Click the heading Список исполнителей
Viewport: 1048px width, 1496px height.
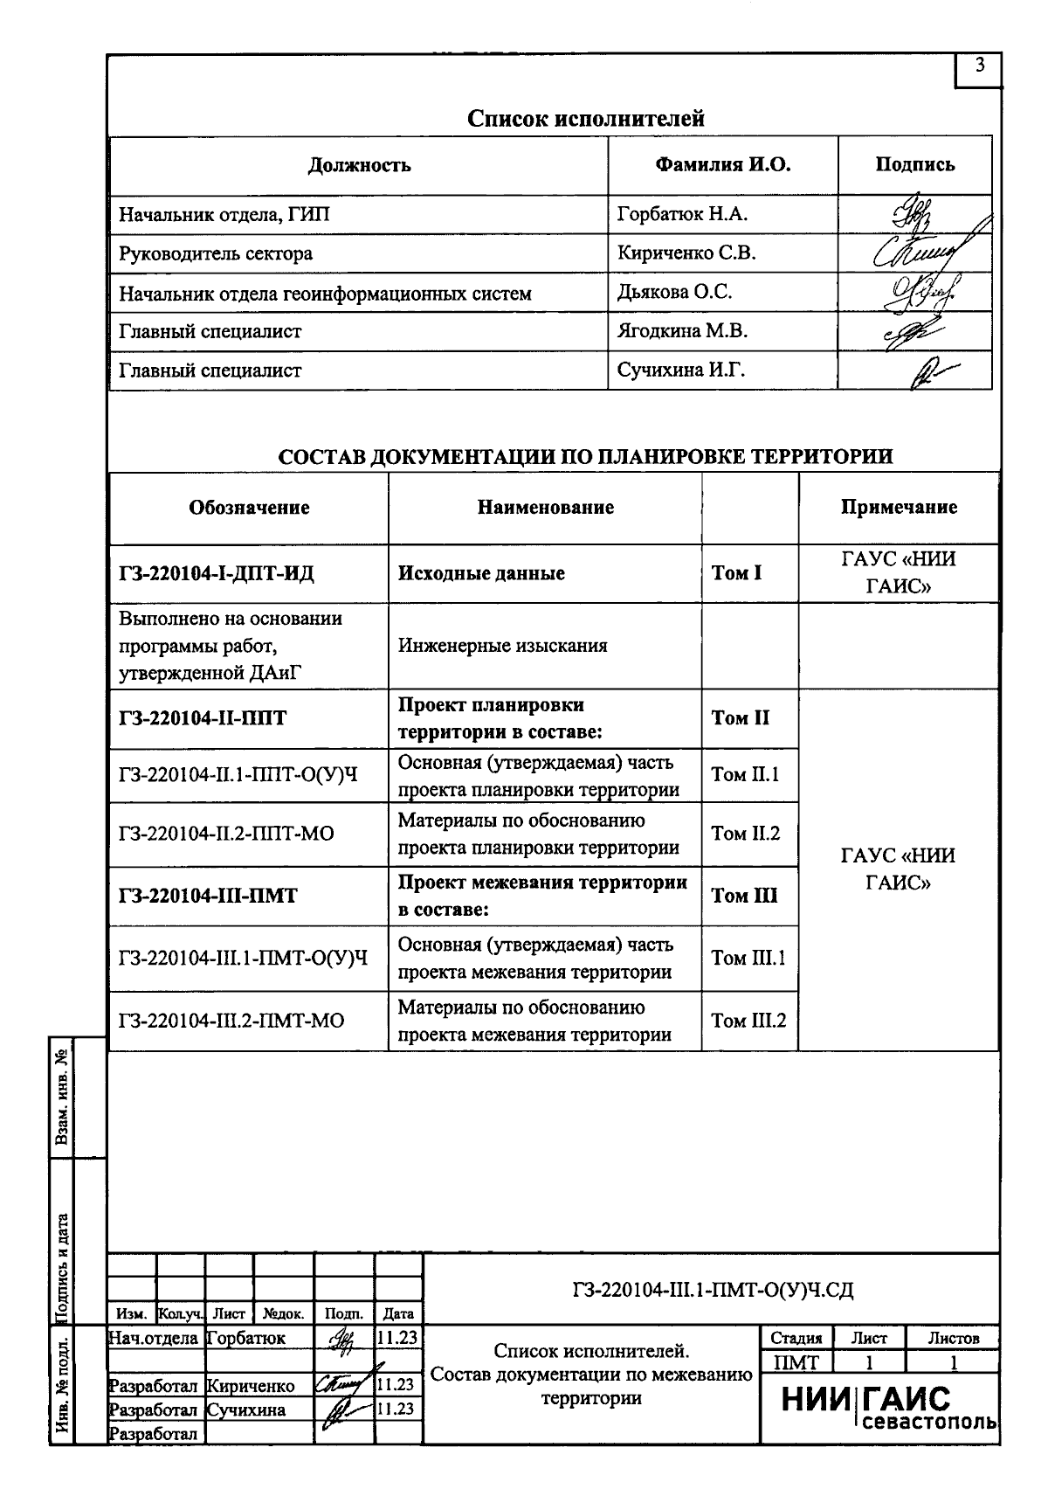point(585,118)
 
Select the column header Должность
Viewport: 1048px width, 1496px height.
point(359,165)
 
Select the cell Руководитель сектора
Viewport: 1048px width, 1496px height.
point(216,254)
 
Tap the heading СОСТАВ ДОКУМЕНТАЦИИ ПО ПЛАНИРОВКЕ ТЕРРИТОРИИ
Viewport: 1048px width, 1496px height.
point(585,456)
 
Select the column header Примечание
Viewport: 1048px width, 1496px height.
point(899,508)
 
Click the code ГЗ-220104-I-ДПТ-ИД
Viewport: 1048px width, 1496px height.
point(216,573)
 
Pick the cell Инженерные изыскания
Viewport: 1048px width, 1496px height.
point(503,646)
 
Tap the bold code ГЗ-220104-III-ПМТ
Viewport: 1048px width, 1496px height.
point(208,897)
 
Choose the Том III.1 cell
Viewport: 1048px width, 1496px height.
point(748,958)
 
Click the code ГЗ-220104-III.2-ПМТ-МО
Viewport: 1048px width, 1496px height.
point(231,1021)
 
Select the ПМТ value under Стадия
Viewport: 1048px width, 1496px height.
point(796,1362)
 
